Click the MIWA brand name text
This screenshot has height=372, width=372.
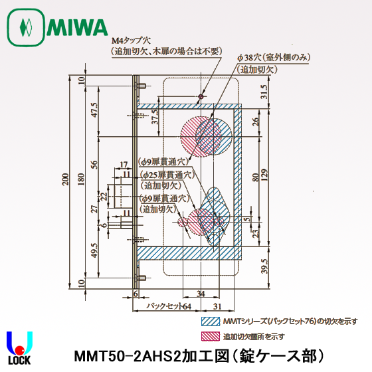[x=78, y=28]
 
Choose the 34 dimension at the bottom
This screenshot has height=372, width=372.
[x=201, y=293]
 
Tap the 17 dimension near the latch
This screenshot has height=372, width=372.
[x=124, y=165]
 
